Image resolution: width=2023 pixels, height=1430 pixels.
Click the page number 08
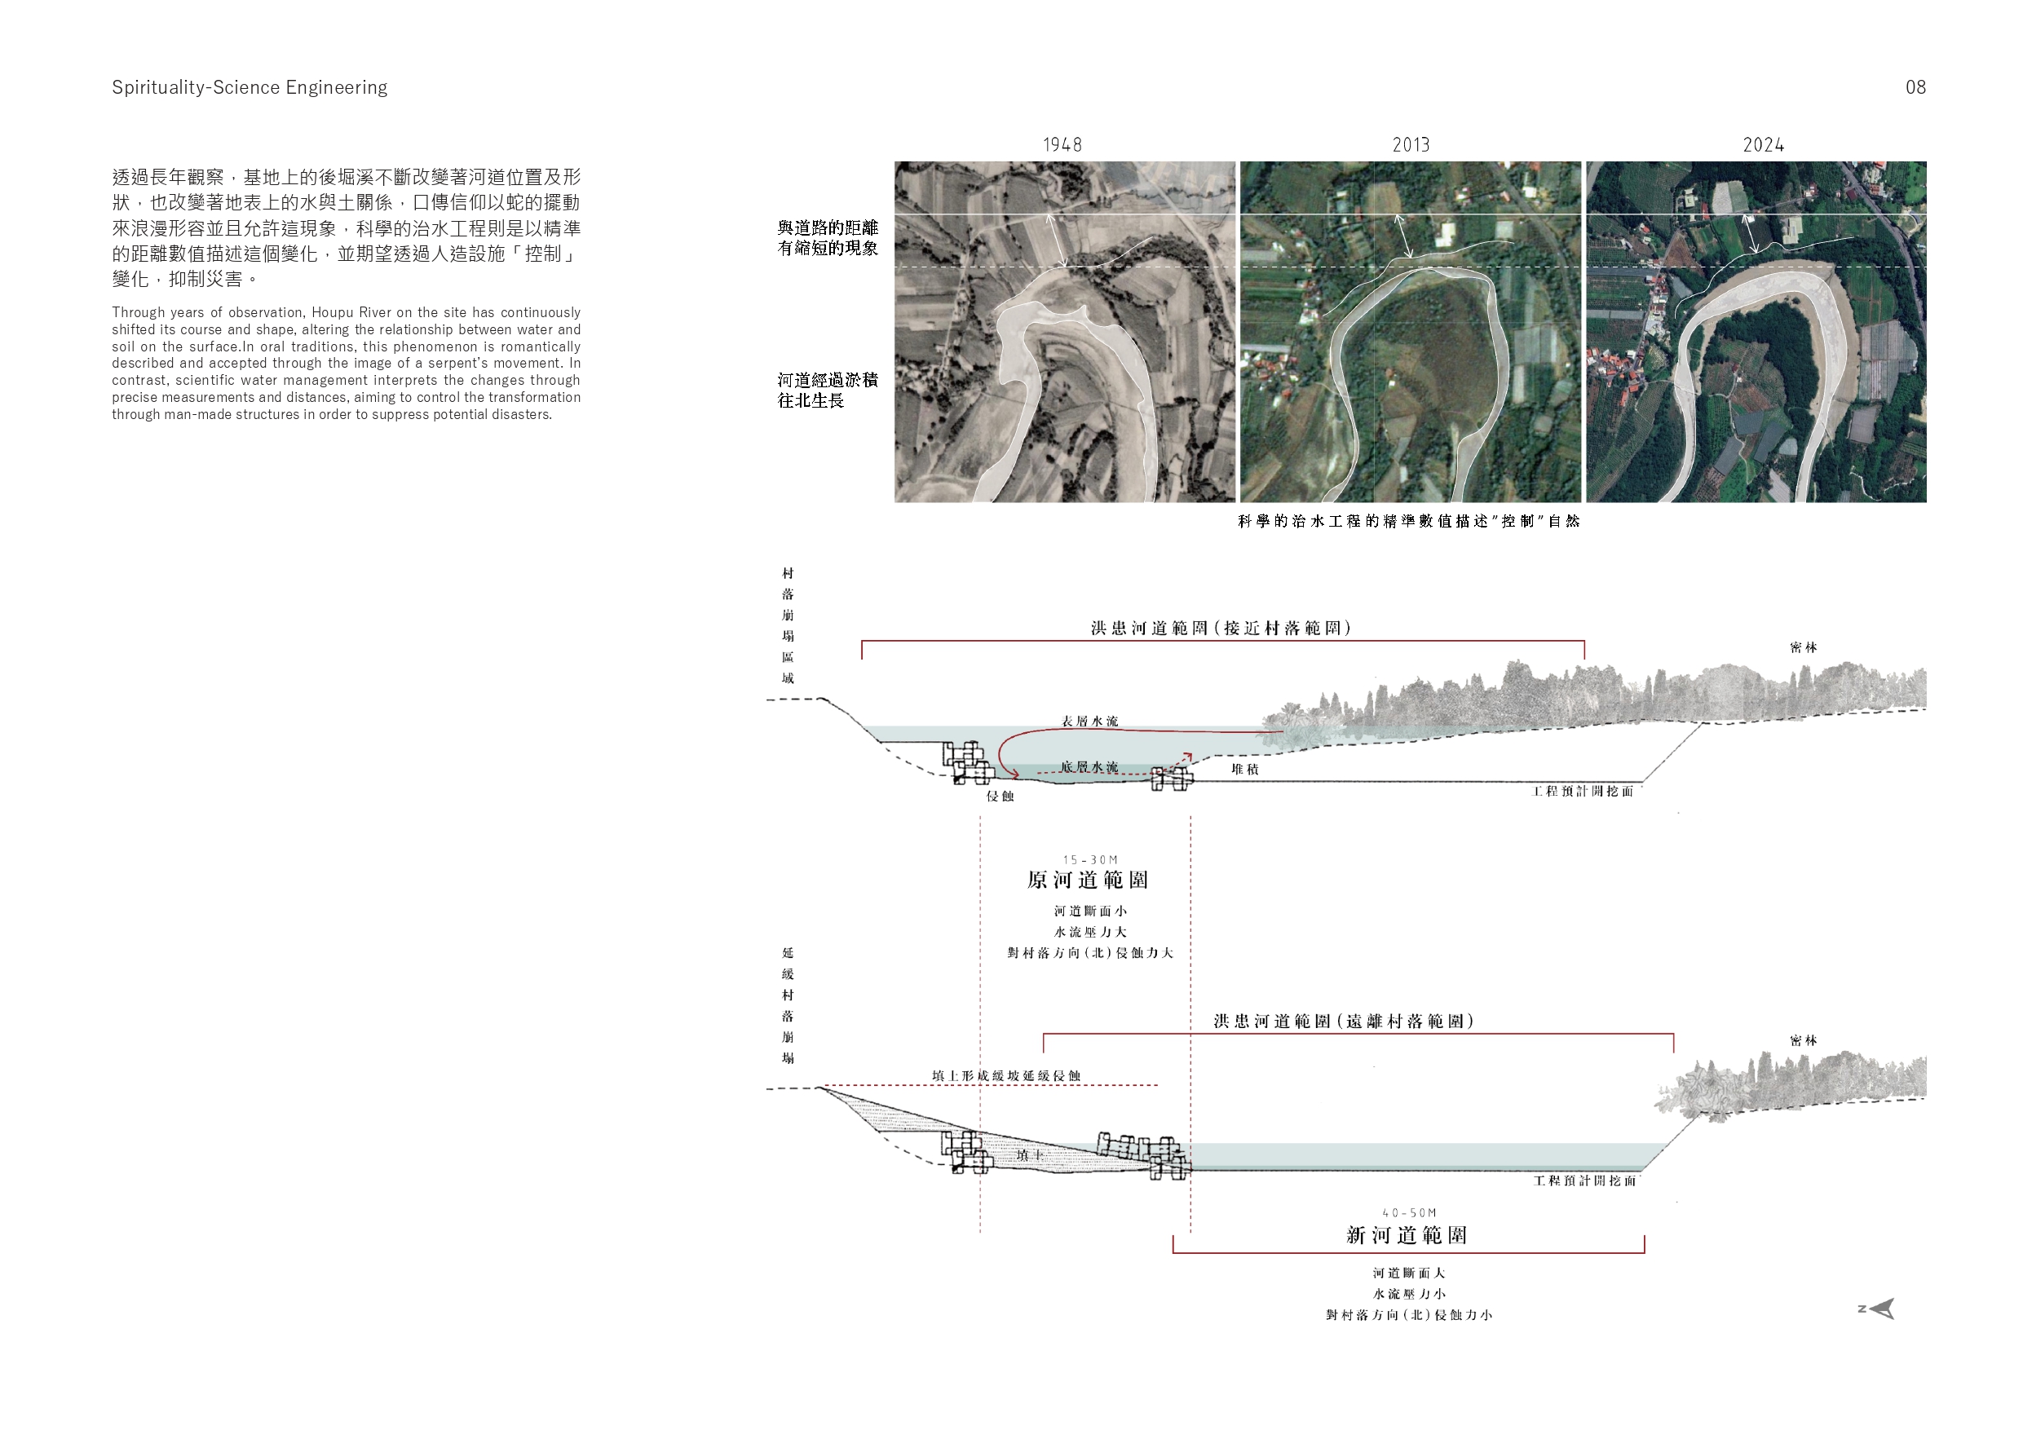point(1915,87)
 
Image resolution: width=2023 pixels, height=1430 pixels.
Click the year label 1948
point(1062,144)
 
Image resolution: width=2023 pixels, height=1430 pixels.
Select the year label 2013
point(1411,144)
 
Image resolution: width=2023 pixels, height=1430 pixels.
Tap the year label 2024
point(1763,144)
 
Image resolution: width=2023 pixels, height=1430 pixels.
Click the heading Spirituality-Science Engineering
point(250,87)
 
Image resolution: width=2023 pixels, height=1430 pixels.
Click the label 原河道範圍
point(1089,880)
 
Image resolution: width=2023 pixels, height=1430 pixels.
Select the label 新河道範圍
point(1407,1234)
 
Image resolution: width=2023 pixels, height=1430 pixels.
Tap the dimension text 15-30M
point(1090,859)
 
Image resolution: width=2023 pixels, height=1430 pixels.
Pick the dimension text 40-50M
point(1410,1213)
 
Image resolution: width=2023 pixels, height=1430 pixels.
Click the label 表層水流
point(1090,721)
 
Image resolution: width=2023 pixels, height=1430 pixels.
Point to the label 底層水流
point(1089,767)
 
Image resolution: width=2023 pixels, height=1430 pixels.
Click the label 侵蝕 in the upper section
point(1000,796)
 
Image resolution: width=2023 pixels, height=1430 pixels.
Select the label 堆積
point(1245,769)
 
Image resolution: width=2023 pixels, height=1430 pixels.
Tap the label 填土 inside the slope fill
point(1030,1154)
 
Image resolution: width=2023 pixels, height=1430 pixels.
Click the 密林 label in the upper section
point(1804,647)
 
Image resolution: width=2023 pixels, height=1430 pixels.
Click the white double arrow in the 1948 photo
point(1057,239)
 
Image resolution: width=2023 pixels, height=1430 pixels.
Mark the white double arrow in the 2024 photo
point(1751,233)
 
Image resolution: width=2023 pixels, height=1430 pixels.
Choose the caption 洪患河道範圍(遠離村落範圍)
point(1344,1022)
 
